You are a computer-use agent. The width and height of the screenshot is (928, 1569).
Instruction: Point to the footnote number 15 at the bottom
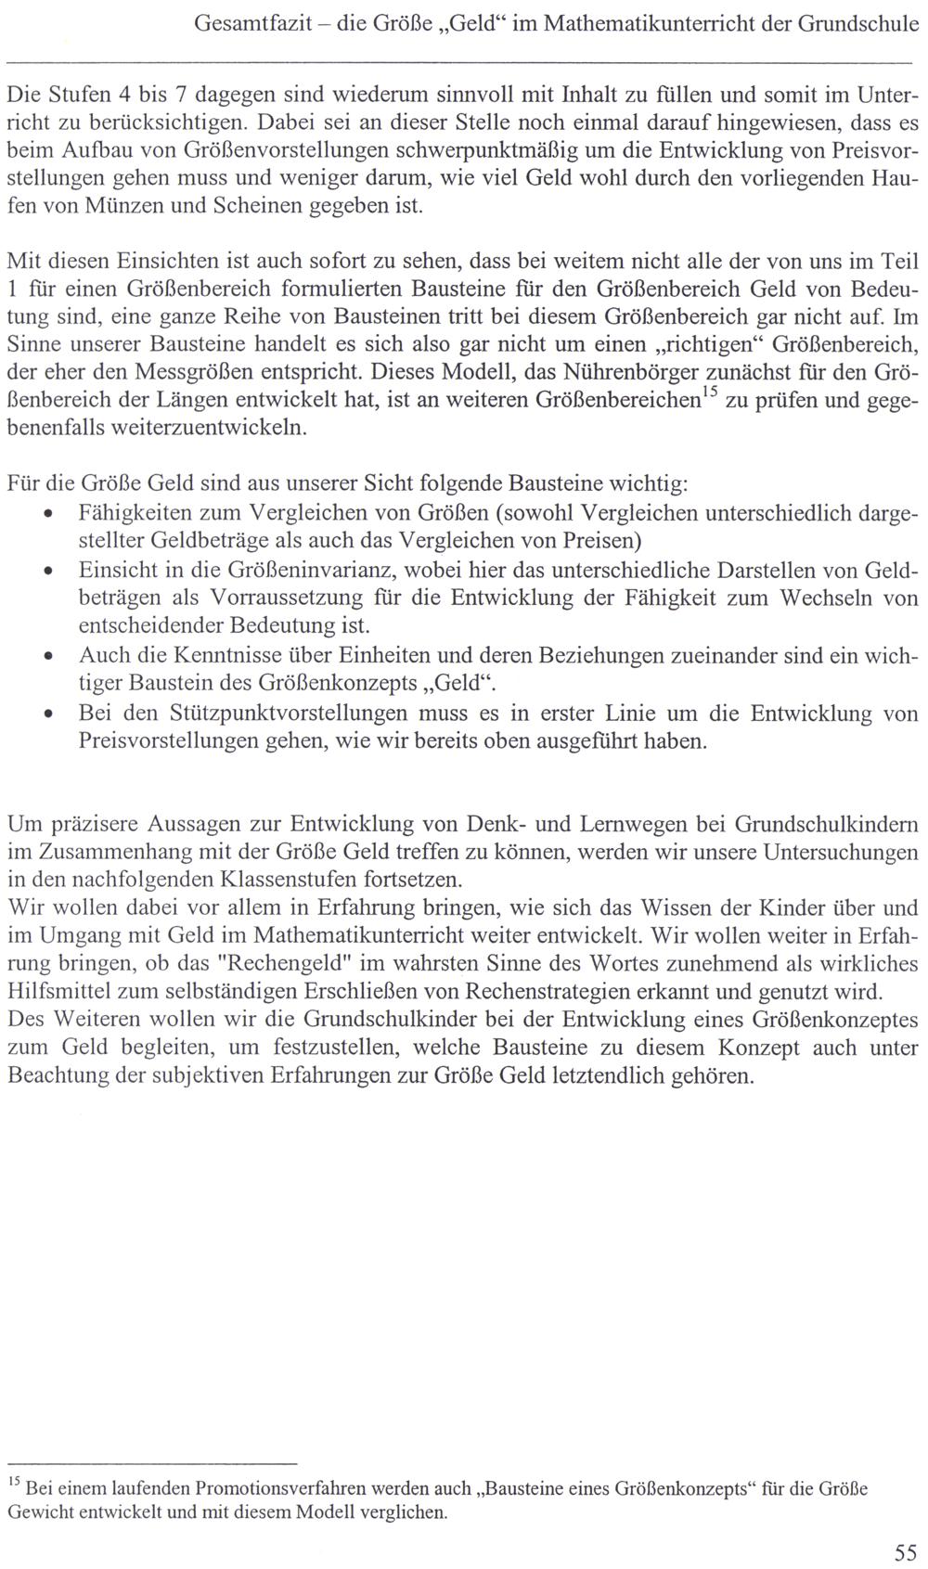click(14, 1483)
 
